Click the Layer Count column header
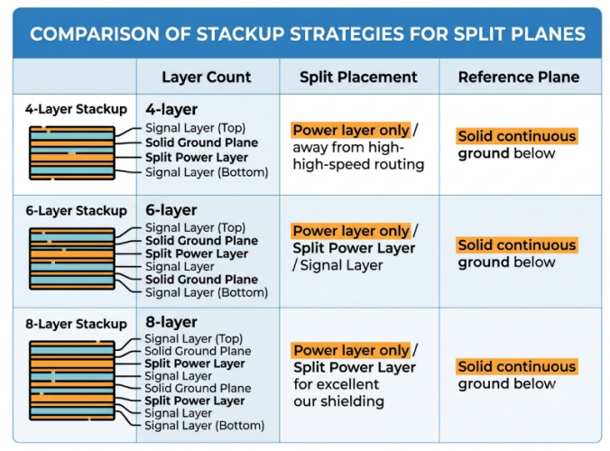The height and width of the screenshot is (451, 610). [x=206, y=77]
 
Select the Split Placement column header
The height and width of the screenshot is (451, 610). [x=358, y=77]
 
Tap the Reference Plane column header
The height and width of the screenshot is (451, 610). [x=519, y=77]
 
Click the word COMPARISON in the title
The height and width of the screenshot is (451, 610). [x=94, y=34]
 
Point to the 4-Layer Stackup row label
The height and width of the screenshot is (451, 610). [x=76, y=109]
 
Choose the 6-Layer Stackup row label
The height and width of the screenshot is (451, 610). [x=76, y=211]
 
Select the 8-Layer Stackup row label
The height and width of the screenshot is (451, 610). [x=76, y=324]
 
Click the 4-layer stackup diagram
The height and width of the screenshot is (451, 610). [x=72, y=152]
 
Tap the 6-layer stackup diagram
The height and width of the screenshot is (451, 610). [x=72, y=259]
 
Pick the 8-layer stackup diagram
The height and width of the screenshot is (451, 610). [x=72, y=381]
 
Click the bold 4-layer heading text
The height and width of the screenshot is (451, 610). [x=171, y=110]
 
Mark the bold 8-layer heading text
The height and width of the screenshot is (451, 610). [x=171, y=322]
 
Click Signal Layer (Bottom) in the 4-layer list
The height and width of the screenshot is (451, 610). [x=207, y=172]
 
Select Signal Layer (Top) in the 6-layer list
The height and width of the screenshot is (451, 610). [x=195, y=227]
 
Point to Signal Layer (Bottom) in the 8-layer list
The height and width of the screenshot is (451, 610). [x=204, y=426]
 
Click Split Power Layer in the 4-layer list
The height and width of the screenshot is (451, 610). [x=197, y=158]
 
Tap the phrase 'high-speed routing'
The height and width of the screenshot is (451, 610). [x=358, y=164]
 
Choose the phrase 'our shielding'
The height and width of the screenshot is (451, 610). [x=339, y=401]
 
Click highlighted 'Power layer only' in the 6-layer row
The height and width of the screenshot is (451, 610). [x=351, y=231]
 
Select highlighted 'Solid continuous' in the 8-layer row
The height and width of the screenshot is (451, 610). [x=517, y=366]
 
